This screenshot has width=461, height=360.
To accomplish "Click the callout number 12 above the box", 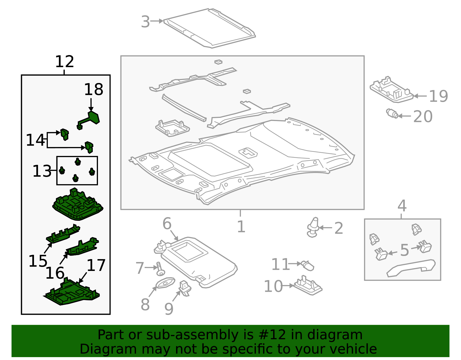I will (65, 62).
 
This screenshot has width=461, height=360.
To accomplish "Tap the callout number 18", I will (93, 90).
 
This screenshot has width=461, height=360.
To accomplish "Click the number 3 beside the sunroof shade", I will (146, 22).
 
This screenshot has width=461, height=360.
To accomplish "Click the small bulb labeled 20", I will (392, 114).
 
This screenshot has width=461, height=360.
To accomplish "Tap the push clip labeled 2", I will (313, 227).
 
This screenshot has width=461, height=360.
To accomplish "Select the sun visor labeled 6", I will (199, 259).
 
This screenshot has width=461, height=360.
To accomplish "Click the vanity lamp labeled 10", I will (308, 286).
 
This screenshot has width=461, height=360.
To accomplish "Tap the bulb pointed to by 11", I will (308, 265).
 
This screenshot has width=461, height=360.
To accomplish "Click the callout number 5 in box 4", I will (405, 250).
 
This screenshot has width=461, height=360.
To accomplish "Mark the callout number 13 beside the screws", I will (42, 171).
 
